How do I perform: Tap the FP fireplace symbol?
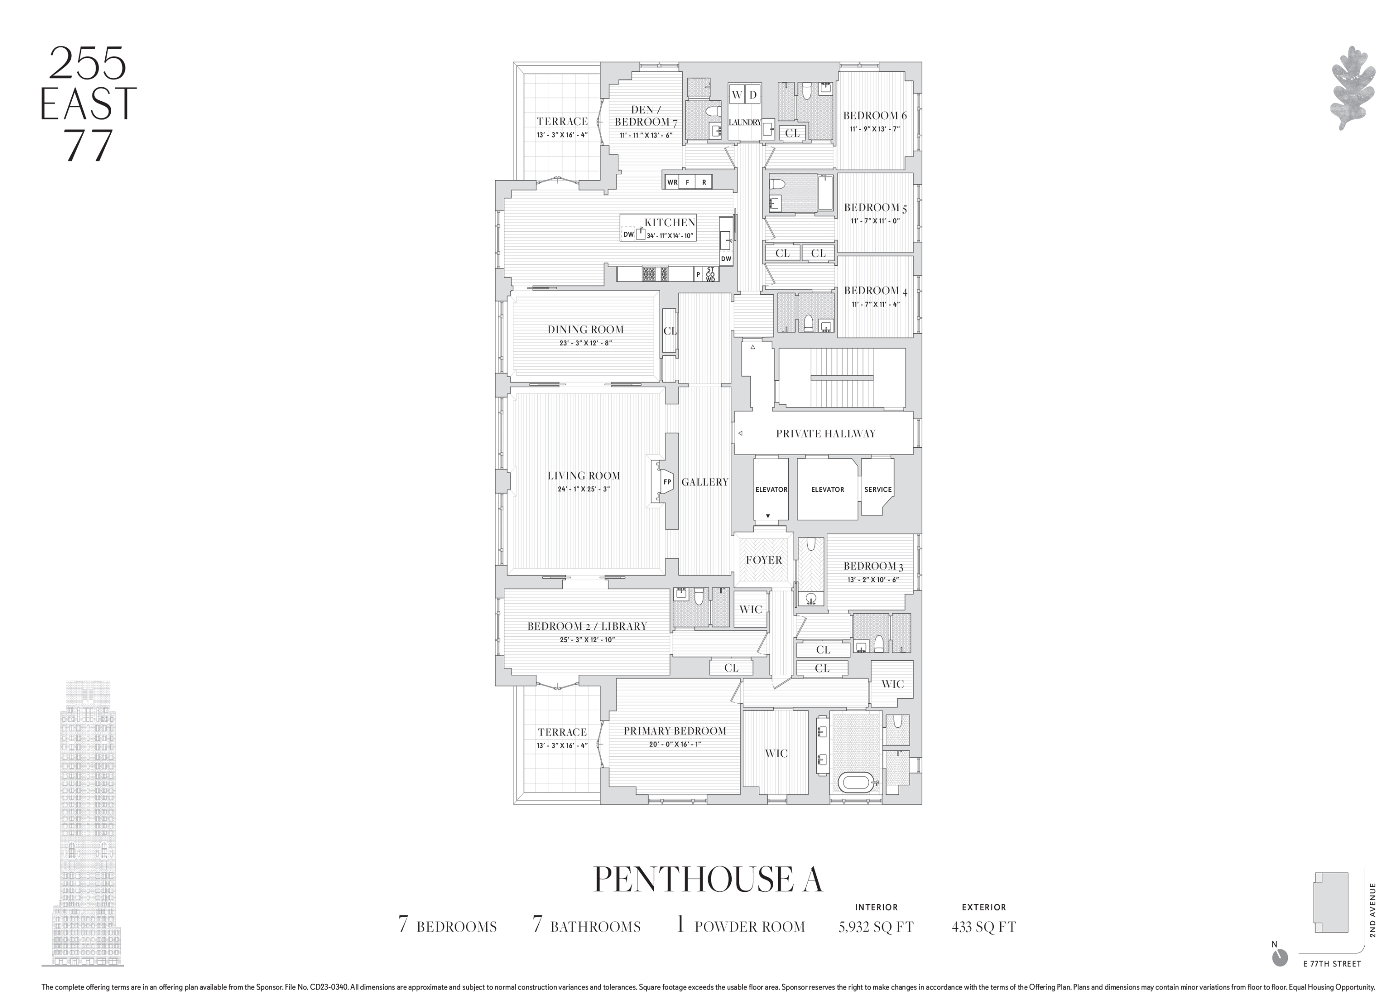point(667,482)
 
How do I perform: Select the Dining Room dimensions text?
point(585,343)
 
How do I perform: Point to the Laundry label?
point(745,123)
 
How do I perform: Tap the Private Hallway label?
point(825,434)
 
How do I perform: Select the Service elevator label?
point(877,490)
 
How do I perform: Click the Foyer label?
point(763,560)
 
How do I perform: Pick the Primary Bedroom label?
point(674,731)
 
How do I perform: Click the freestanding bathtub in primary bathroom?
point(856,782)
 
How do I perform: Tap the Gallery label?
point(705,482)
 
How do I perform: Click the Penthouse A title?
point(708,879)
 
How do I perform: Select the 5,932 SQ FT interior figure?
point(876,927)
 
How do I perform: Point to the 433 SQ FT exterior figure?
point(983,927)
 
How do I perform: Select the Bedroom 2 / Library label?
point(587,626)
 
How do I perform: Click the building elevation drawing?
point(85,824)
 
